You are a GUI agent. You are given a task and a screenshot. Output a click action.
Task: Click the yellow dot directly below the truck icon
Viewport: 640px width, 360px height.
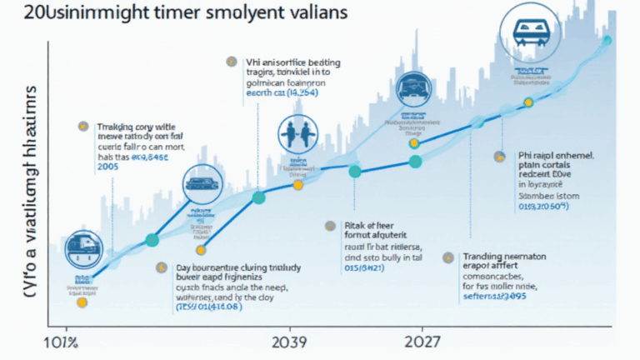click(x=82, y=302)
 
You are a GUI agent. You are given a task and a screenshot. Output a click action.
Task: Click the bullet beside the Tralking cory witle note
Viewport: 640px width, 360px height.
click(x=82, y=127)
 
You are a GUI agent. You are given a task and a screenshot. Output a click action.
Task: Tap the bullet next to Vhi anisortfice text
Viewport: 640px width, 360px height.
click(x=230, y=61)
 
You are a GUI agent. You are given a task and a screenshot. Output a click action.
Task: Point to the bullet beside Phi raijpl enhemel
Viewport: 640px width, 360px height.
click(x=499, y=155)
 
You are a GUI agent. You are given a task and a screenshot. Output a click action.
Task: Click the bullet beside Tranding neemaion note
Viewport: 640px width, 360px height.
click(x=447, y=258)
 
